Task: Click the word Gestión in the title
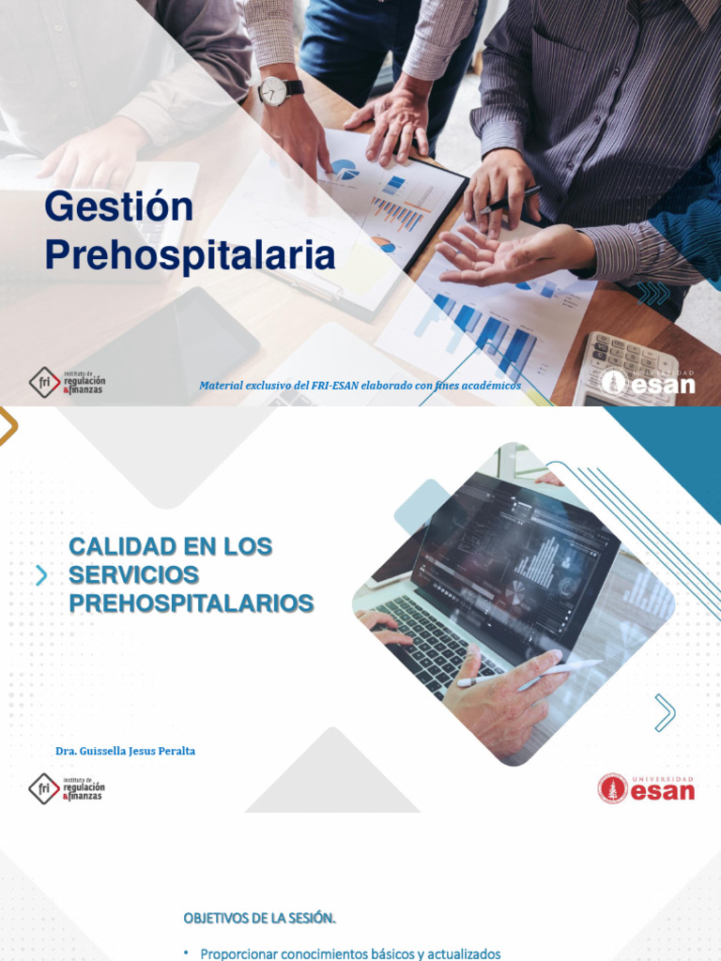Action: click(x=119, y=207)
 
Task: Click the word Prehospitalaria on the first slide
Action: click(x=190, y=254)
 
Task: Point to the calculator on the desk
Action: click(x=625, y=369)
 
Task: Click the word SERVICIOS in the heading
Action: click(x=134, y=574)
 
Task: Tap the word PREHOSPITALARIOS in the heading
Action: click(x=192, y=603)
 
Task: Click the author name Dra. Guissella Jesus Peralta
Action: click(x=125, y=751)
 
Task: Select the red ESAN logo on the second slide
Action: click(x=647, y=788)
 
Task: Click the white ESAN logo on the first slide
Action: click(x=649, y=382)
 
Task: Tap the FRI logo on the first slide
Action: click(x=67, y=382)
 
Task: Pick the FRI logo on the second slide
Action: click(x=67, y=788)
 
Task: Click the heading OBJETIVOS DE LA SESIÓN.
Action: click(x=259, y=916)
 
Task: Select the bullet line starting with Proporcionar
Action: click(x=351, y=953)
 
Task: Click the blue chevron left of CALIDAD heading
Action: click(x=41, y=575)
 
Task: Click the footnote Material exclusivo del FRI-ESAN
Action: click(x=360, y=386)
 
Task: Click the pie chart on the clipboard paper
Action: click(x=345, y=170)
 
